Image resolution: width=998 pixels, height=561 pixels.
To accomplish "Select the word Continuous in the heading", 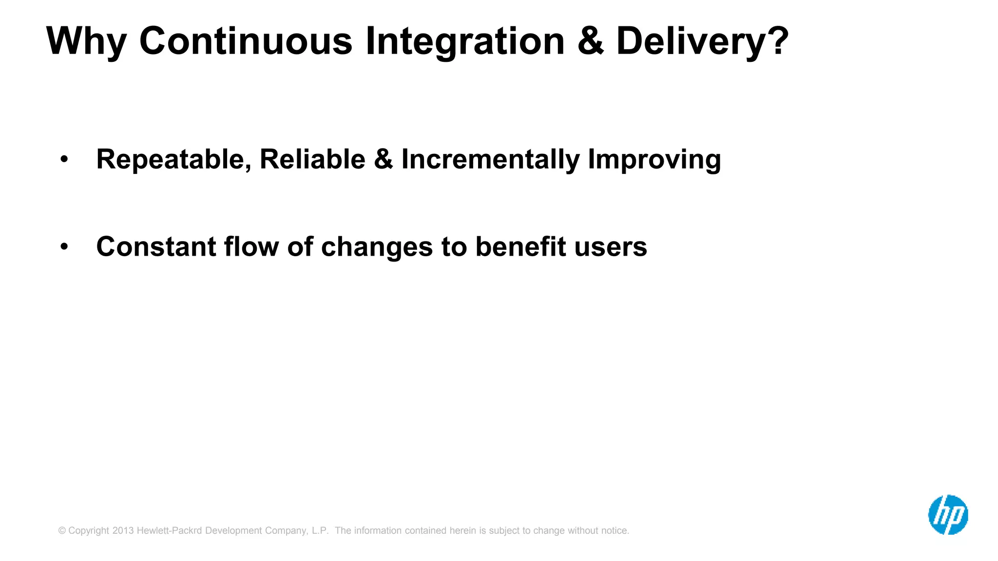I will click(x=246, y=41).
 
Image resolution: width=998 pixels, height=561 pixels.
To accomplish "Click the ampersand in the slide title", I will click(x=590, y=41).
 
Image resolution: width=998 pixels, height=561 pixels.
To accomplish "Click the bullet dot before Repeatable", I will click(x=64, y=159).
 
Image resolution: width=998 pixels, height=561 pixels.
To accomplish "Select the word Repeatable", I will click(x=173, y=159).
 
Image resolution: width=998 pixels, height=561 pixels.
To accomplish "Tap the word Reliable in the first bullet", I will click(x=312, y=159).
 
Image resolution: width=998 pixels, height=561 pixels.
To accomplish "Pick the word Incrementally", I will click(x=490, y=159).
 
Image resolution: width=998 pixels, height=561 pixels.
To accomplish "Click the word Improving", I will click(x=654, y=159).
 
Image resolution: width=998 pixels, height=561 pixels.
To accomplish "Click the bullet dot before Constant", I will click(x=64, y=247).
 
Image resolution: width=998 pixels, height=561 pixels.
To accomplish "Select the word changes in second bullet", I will click(x=377, y=247).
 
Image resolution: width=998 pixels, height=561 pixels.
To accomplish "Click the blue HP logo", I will click(x=948, y=515).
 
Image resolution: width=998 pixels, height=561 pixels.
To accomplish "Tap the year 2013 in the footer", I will click(x=123, y=530).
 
